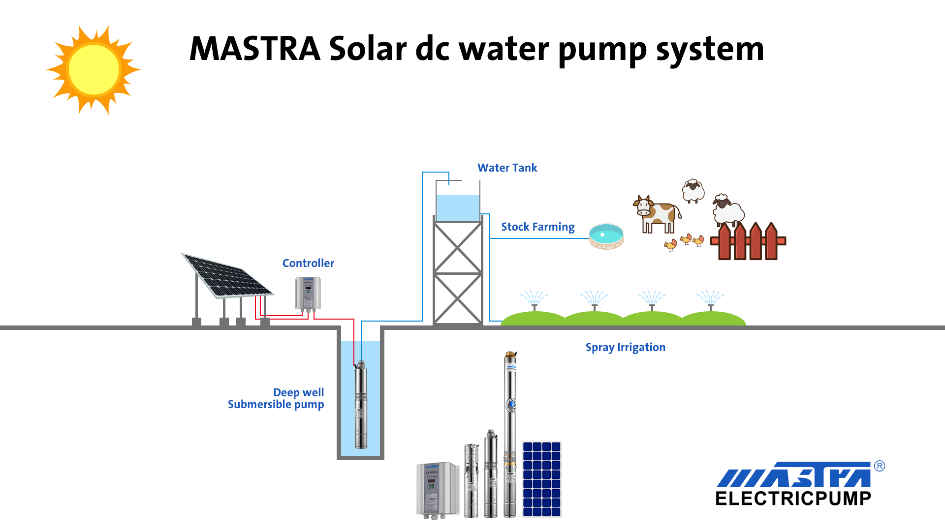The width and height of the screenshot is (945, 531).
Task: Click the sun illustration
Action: click(94, 70)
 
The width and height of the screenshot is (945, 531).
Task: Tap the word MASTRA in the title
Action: click(255, 49)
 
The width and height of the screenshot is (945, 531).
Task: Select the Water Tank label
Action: click(507, 168)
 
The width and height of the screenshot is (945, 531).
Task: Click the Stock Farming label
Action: click(537, 227)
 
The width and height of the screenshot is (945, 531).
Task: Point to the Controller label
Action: click(308, 264)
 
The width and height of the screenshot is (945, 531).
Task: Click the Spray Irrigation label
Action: click(625, 348)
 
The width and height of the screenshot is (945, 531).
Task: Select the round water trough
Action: click(606, 236)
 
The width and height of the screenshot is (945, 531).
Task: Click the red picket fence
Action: click(748, 242)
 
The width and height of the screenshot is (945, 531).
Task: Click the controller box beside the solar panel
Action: click(308, 294)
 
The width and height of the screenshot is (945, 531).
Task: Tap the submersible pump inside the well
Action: click(361, 404)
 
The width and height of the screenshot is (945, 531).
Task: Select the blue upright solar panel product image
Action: click(541, 479)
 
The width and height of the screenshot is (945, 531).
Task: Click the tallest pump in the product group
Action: click(510, 433)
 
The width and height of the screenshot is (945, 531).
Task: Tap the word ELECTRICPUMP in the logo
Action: click(793, 499)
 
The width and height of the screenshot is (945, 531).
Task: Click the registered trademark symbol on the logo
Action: click(879, 466)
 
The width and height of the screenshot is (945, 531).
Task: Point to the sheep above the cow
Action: click(693, 191)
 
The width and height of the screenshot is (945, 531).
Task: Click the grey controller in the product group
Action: click(437, 490)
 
